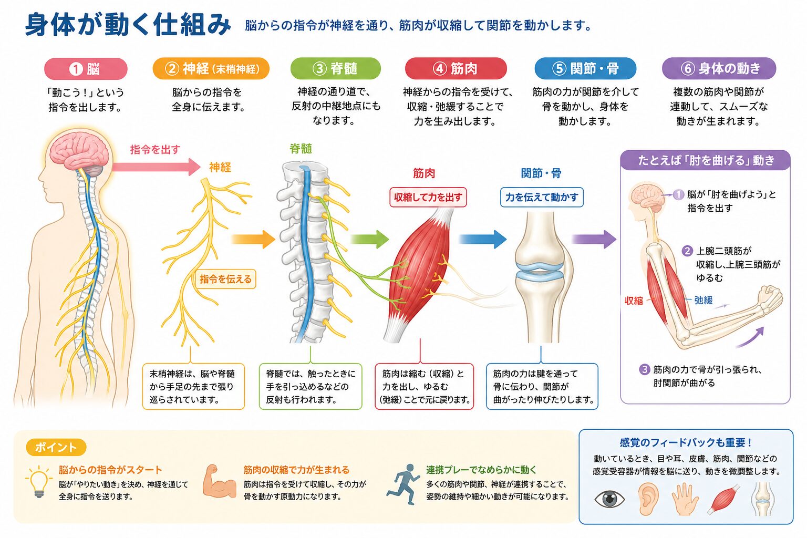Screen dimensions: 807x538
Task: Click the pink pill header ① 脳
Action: click(x=86, y=68)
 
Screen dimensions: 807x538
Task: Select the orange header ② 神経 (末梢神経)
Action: click(x=211, y=68)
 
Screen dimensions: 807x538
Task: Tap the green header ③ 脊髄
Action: click(x=335, y=68)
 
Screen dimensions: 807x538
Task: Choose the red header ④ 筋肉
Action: click(x=456, y=68)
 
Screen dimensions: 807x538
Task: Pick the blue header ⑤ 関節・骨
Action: click(x=585, y=68)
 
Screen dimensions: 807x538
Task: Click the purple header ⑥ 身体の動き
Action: click(x=719, y=68)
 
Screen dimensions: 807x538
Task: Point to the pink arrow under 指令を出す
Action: click(x=156, y=167)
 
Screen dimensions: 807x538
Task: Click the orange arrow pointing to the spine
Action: click(x=253, y=239)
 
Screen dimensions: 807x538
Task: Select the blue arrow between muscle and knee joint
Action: click(x=483, y=239)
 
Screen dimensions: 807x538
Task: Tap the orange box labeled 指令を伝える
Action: click(x=225, y=279)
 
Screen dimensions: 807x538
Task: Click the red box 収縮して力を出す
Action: click(x=428, y=197)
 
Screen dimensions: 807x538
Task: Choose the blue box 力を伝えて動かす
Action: click(x=542, y=197)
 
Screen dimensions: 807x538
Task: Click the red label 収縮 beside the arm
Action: click(x=634, y=301)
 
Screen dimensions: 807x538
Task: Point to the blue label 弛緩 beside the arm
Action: click(x=703, y=300)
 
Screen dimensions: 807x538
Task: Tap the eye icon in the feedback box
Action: click(x=609, y=499)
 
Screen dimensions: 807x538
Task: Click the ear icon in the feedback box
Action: click(x=648, y=499)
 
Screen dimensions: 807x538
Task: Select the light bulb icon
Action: click(x=39, y=482)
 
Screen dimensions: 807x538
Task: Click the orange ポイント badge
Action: click(x=56, y=447)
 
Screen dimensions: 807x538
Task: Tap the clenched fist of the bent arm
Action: click(x=770, y=298)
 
